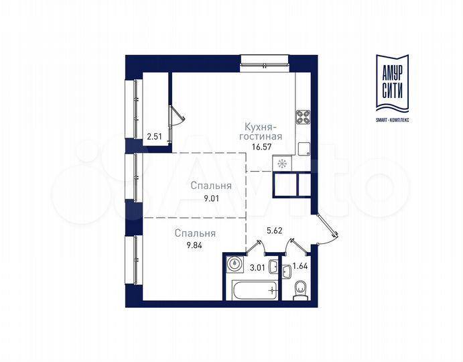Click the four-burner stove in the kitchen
tap(303, 117)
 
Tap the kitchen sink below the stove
tap(303, 148)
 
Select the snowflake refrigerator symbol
tap(281, 163)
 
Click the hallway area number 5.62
tap(274, 230)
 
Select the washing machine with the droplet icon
tap(233, 263)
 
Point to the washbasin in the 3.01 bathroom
tap(233, 263)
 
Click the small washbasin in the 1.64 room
tap(287, 271)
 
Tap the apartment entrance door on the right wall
tap(323, 228)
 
